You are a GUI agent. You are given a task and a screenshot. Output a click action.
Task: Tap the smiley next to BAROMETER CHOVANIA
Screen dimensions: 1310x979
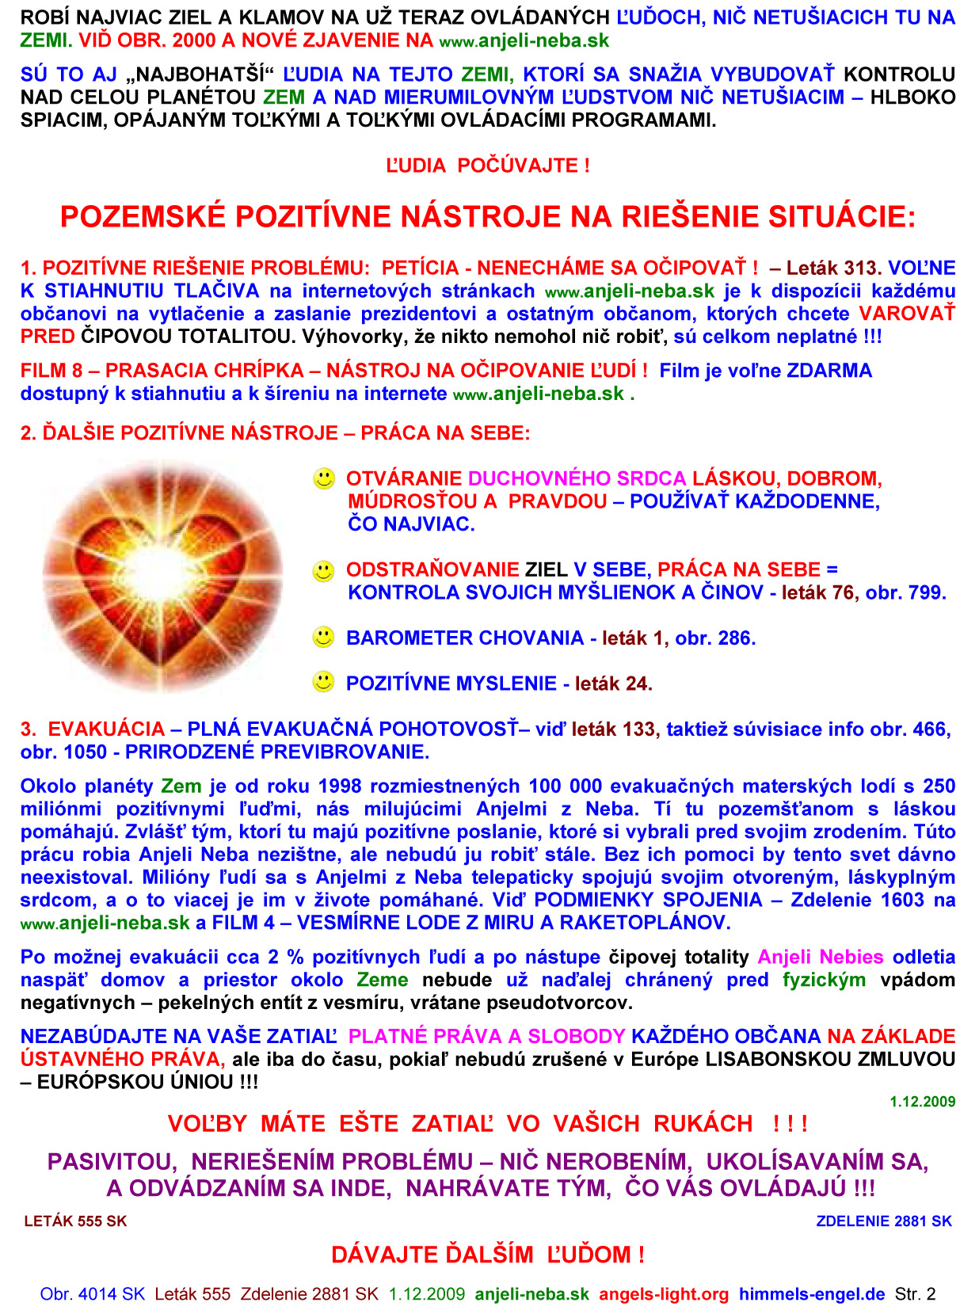coord(324,637)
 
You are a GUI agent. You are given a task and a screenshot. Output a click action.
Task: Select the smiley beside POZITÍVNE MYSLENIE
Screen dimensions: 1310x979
coord(324,682)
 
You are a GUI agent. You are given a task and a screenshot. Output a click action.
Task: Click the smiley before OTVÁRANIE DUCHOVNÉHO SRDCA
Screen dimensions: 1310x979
coord(324,478)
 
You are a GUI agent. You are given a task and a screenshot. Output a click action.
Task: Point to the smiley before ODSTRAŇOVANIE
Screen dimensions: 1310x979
coord(324,569)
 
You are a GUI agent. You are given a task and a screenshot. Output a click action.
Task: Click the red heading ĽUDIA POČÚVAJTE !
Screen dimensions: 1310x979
coord(487,166)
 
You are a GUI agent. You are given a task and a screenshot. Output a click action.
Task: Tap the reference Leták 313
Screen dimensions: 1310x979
coord(832,268)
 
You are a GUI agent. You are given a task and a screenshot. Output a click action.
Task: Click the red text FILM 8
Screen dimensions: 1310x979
coord(51,370)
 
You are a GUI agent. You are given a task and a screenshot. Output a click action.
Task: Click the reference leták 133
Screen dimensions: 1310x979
coord(613,729)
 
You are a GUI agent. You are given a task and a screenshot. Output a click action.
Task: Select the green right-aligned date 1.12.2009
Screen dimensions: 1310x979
coord(922,1102)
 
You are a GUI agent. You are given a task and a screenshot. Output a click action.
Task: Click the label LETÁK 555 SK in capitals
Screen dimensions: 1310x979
coord(75,1221)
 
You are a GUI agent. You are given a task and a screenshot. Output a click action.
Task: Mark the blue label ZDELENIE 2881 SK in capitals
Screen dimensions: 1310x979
coord(884,1221)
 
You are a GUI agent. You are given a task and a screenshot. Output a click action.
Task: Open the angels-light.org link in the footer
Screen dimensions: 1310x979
coord(664,1294)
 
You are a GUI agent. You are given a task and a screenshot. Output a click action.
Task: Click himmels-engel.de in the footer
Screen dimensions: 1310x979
coord(812,1294)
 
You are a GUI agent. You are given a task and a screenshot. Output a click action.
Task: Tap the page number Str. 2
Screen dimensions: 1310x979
coord(915,1294)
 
